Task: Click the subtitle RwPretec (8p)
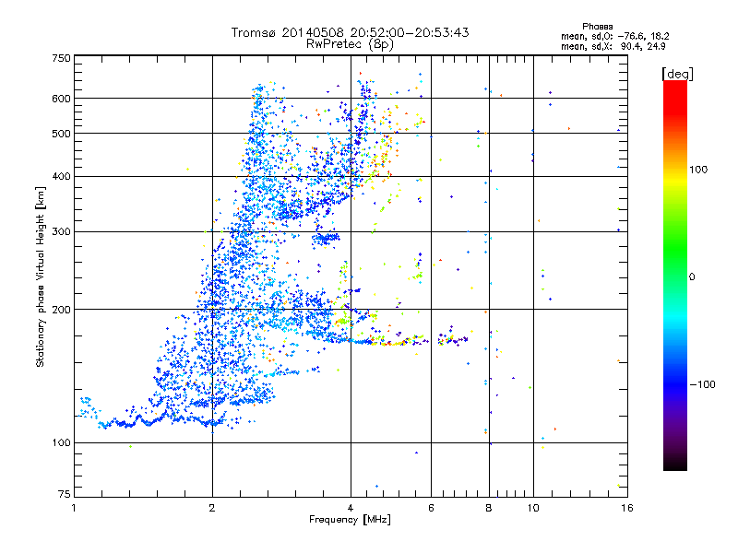351,43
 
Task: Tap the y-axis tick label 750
61,57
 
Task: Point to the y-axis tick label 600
61,98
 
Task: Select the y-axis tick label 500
61,133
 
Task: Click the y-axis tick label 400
61,176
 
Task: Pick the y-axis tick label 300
61,231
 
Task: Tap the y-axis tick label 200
61,309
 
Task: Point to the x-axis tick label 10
532,507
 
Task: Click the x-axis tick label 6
431,507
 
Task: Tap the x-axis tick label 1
74,507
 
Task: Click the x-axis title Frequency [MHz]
350,520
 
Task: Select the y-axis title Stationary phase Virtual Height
41,276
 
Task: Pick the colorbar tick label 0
692,276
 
